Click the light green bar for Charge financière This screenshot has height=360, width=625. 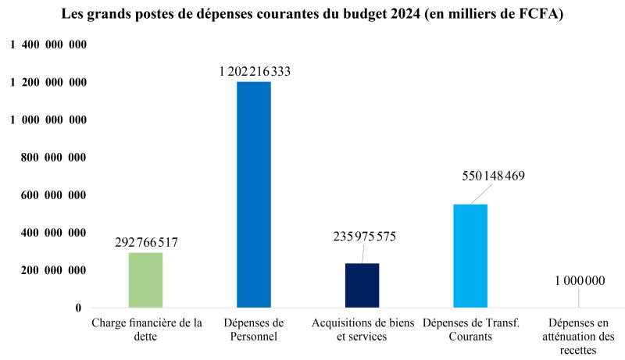[145, 280]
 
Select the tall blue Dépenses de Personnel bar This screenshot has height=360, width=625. [253, 194]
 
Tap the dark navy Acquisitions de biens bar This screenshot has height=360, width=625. [362, 285]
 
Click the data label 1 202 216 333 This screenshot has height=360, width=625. [255, 72]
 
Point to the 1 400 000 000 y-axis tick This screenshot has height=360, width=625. [48, 45]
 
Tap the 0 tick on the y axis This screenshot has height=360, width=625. [78, 308]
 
